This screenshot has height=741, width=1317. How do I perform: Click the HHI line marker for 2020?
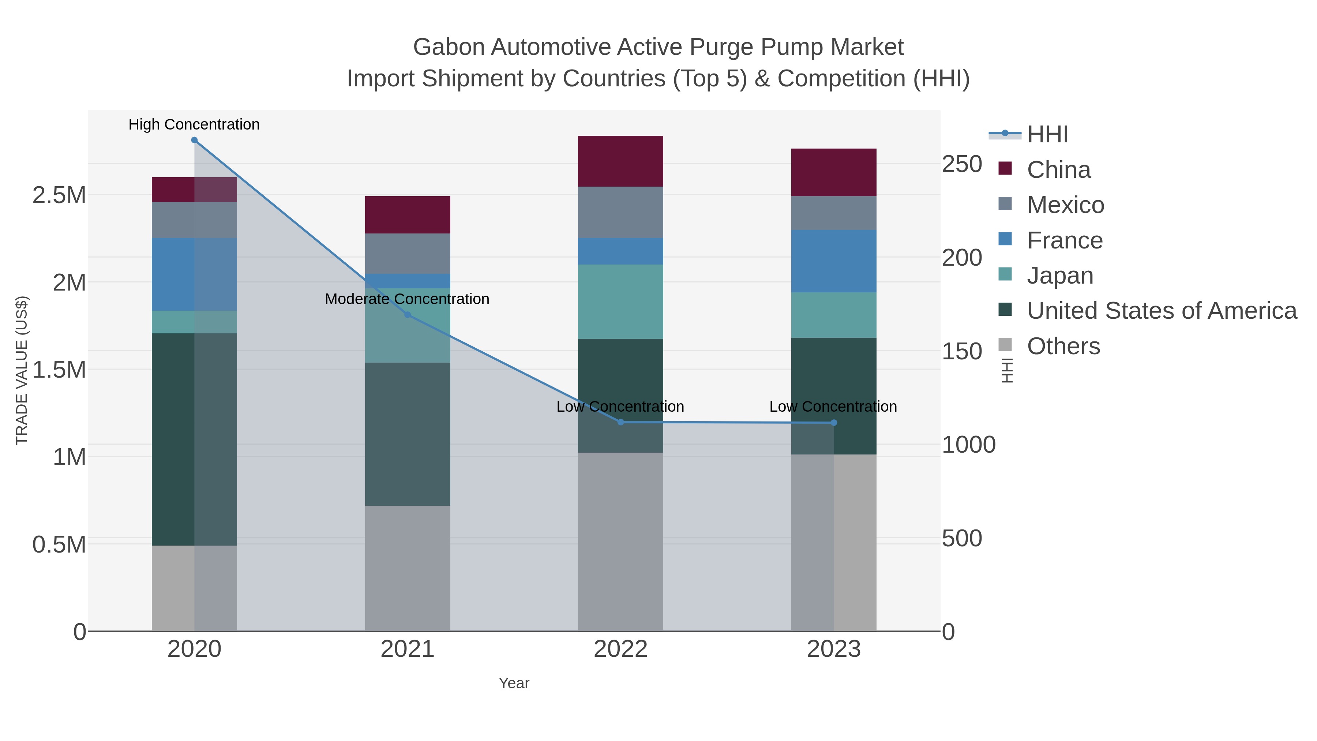coord(194,140)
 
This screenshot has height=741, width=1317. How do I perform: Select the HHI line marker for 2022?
coord(621,422)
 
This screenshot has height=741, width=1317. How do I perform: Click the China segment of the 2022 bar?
coord(621,161)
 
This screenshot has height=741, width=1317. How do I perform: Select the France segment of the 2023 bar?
coord(834,261)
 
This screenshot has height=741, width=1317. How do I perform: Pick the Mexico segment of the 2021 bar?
coord(408,253)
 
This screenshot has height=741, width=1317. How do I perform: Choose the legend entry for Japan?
coord(1060,276)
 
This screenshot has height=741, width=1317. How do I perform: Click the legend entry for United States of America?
coord(1162,311)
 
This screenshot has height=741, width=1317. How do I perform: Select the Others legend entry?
coord(1063,346)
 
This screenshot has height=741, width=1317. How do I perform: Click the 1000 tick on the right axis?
coord(968,444)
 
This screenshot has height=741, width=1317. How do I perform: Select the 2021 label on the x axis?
coord(408,649)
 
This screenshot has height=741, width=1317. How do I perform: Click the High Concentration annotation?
coord(194,124)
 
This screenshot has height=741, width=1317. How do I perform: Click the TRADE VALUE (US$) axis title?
coord(22,370)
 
